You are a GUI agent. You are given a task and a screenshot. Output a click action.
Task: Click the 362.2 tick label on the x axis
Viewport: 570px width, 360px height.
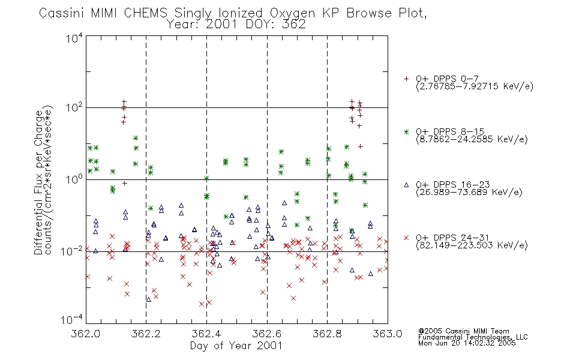146,334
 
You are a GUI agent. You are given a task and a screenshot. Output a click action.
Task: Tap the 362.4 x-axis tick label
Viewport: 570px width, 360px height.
206,334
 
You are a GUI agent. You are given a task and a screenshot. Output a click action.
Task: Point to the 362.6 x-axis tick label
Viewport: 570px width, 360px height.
267,334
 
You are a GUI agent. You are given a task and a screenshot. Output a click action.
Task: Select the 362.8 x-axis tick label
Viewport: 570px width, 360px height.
327,334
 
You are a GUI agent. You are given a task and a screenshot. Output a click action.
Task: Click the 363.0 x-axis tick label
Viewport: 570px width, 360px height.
388,334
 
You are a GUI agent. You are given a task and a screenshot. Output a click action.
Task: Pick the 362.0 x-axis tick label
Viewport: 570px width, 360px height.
85,334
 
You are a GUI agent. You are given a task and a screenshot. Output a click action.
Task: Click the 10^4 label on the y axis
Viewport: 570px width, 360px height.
74,38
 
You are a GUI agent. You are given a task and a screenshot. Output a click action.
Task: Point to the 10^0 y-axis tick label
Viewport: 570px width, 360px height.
74,180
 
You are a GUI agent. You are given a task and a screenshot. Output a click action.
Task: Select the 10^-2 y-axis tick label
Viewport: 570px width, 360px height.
72,251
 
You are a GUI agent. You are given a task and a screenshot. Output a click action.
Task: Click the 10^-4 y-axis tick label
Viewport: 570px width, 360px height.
72,320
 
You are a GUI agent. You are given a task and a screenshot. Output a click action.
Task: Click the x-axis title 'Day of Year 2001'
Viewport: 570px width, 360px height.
236,346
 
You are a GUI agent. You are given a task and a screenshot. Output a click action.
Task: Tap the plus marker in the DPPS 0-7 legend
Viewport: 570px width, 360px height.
406,79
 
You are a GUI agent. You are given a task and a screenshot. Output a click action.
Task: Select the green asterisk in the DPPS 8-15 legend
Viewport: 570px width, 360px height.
406,132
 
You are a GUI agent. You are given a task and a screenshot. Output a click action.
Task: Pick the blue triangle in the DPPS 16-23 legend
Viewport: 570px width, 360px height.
406,185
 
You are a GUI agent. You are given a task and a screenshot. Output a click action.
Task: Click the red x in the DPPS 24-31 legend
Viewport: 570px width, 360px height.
406,238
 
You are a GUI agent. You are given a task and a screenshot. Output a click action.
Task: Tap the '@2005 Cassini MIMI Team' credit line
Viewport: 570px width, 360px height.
463,331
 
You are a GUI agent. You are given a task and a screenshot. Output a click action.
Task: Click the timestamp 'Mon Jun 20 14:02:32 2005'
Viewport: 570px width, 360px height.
467,343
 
